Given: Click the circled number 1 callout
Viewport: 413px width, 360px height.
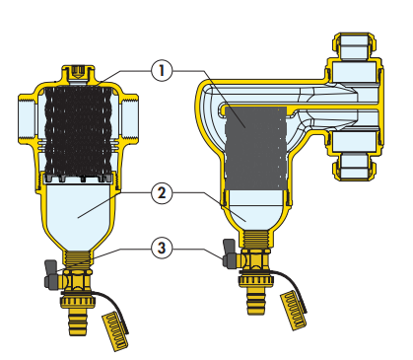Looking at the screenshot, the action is tap(162, 71).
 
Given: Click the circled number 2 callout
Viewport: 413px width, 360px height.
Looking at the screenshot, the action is tap(162, 193).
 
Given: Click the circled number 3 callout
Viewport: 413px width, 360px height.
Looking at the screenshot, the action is tap(162, 248).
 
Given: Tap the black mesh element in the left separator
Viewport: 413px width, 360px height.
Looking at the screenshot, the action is tap(79, 130).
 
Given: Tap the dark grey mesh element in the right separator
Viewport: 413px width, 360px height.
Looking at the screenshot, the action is tap(255, 149).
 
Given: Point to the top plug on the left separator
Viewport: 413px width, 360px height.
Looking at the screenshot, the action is tap(78, 73).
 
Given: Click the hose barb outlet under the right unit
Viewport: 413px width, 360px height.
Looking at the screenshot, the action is tap(255, 301).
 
